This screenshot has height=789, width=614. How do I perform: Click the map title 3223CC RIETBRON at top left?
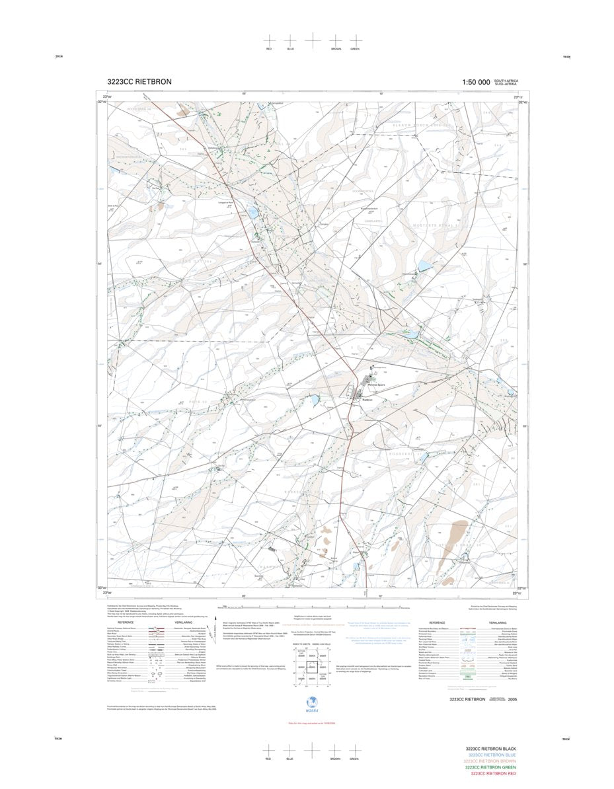click(x=139, y=82)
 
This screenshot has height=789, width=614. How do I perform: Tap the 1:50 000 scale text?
click(x=477, y=82)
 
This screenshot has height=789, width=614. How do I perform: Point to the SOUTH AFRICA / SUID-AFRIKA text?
click(x=506, y=83)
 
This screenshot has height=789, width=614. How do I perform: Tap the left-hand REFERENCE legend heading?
click(x=126, y=622)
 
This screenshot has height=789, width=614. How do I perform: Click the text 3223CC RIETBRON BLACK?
click(x=490, y=749)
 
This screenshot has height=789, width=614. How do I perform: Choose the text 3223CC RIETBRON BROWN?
click(x=490, y=761)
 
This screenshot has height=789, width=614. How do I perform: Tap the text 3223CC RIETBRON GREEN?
click(x=490, y=767)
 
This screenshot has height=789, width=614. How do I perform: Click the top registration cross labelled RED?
click(x=269, y=40)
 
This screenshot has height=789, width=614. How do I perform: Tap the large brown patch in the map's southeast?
click(x=459, y=532)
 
